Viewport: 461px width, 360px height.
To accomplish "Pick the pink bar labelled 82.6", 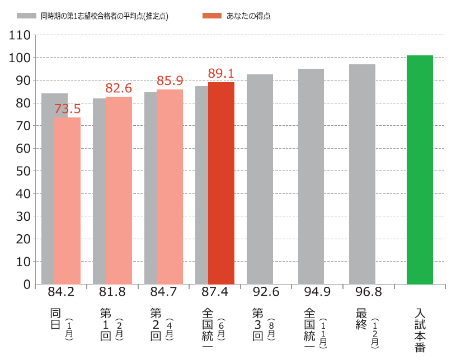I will (x=119, y=190).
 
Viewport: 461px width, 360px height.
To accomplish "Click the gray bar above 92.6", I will (x=260, y=179).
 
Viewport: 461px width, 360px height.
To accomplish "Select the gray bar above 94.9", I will (x=311, y=176).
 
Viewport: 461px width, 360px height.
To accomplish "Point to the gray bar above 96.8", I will (x=362, y=174).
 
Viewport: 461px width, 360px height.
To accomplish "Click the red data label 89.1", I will (x=220, y=73).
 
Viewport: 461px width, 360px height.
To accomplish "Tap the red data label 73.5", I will (x=67, y=108).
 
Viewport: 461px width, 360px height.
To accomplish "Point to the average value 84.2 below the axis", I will (x=61, y=292).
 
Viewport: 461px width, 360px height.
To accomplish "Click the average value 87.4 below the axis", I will (x=215, y=292).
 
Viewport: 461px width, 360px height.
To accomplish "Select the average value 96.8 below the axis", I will (x=368, y=292).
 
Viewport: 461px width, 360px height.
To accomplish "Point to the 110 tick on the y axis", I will (x=20, y=35).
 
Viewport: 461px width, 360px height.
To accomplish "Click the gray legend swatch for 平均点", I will (x=26, y=16).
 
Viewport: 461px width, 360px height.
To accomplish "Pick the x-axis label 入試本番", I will (x=421, y=330).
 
